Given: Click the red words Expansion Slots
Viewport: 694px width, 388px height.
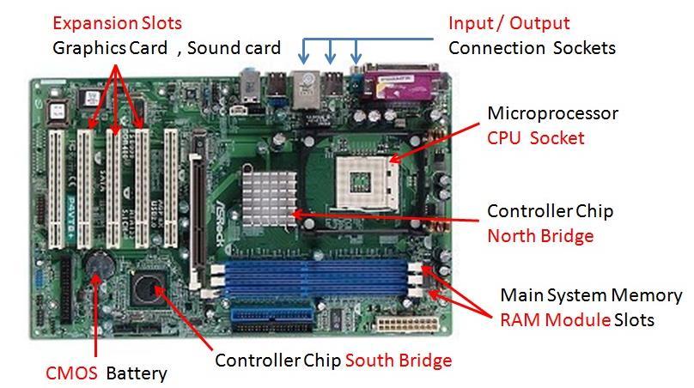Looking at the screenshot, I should point(117,22).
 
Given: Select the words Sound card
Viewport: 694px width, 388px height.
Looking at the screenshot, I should point(233,47).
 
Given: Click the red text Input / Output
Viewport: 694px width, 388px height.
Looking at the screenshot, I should point(508,22).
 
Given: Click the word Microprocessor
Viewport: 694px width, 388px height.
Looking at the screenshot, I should point(552,113).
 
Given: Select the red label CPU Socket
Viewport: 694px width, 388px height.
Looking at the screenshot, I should point(536,137).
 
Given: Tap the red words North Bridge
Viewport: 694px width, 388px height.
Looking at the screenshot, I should point(540,235).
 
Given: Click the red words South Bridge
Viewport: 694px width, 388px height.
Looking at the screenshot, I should point(399,360).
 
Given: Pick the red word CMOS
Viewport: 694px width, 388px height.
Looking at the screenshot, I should point(71,373).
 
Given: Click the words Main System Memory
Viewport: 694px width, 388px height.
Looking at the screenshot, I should point(591,296).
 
